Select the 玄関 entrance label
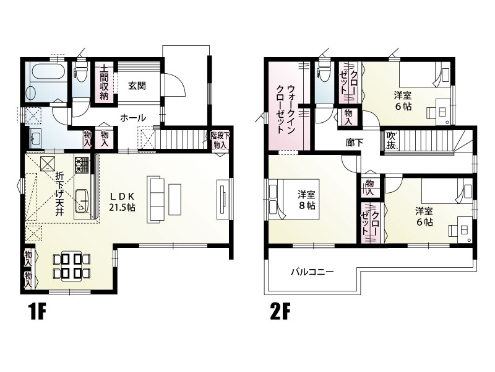(137, 86)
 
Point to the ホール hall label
(132, 117)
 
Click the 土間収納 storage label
(105, 82)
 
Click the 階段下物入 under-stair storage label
(218, 139)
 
